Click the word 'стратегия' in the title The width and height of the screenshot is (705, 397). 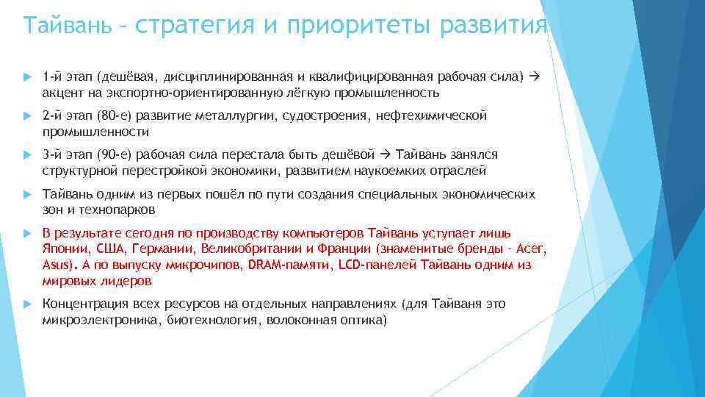click(195, 26)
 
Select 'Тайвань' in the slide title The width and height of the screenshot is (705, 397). click(65, 26)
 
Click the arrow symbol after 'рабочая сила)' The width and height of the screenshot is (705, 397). click(534, 77)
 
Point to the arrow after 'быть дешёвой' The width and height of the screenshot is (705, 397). click(387, 154)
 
